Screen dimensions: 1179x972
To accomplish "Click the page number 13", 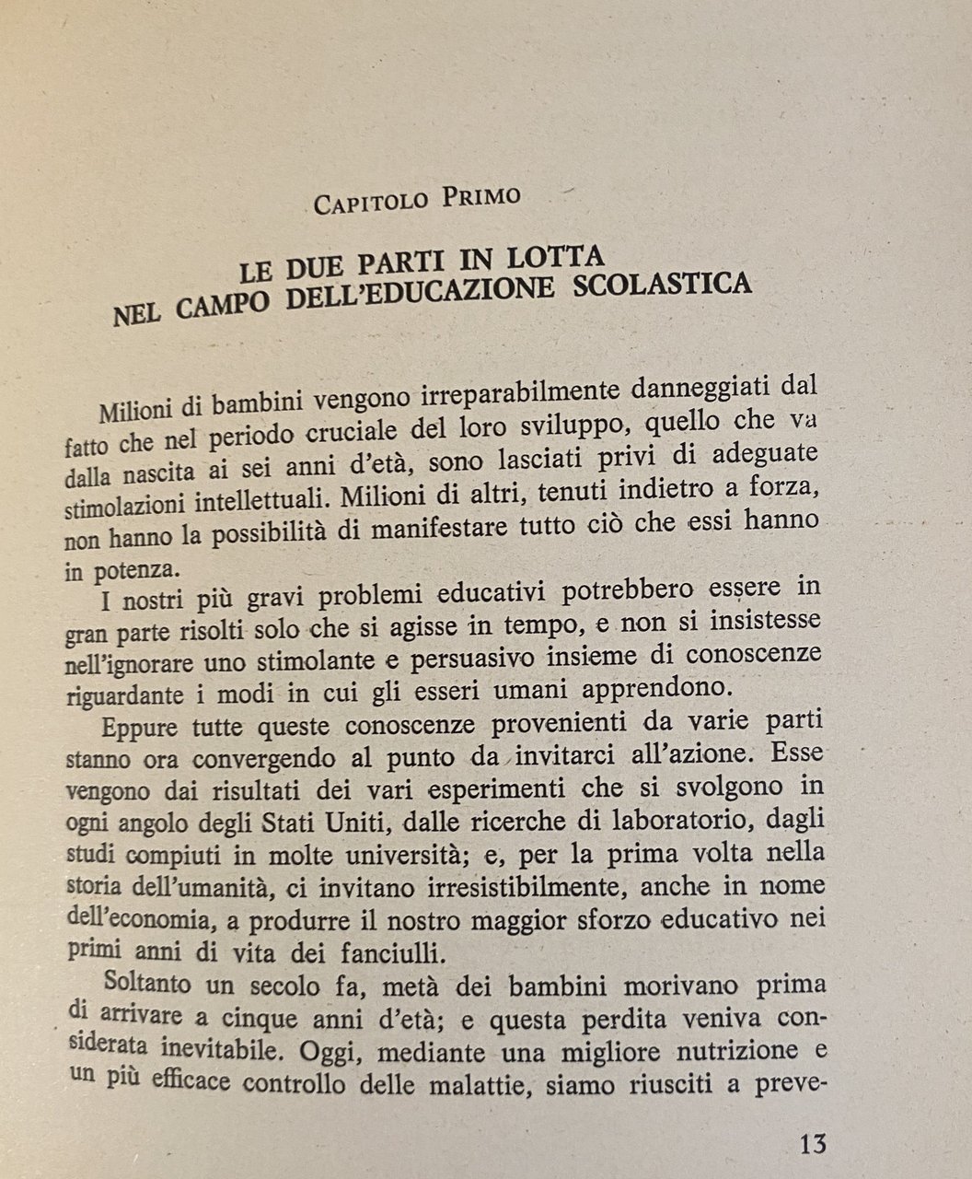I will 813,1144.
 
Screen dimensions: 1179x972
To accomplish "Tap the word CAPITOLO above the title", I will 372,201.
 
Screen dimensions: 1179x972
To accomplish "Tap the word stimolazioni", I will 121,505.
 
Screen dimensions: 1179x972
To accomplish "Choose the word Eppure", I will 139,728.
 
